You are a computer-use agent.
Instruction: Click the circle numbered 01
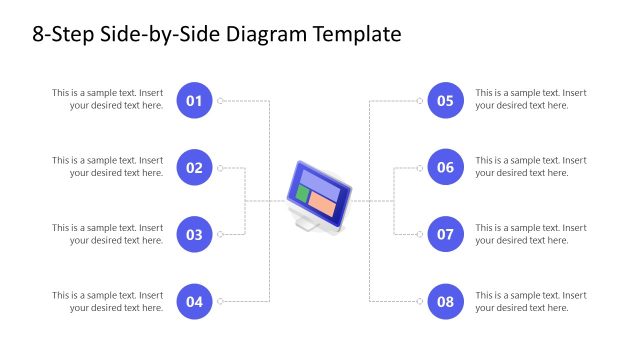[195, 100]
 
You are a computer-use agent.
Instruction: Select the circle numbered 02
[195, 167]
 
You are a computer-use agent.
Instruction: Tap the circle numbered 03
[195, 235]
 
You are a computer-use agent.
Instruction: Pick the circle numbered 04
[195, 302]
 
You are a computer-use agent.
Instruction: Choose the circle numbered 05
[446, 100]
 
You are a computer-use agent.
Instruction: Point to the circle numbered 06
[446, 167]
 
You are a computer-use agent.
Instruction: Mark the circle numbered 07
[446, 235]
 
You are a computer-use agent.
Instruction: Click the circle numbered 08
[446, 302]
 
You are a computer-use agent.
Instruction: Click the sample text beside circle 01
[108, 99]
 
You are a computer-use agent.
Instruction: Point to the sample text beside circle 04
[108, 301]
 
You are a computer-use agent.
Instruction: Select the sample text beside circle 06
[530, 166]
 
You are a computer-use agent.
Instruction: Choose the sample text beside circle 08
[530, 301]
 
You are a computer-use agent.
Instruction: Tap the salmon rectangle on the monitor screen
[321, 202]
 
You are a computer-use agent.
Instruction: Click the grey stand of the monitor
[309, 226]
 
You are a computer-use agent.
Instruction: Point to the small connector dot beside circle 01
[221, 100]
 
